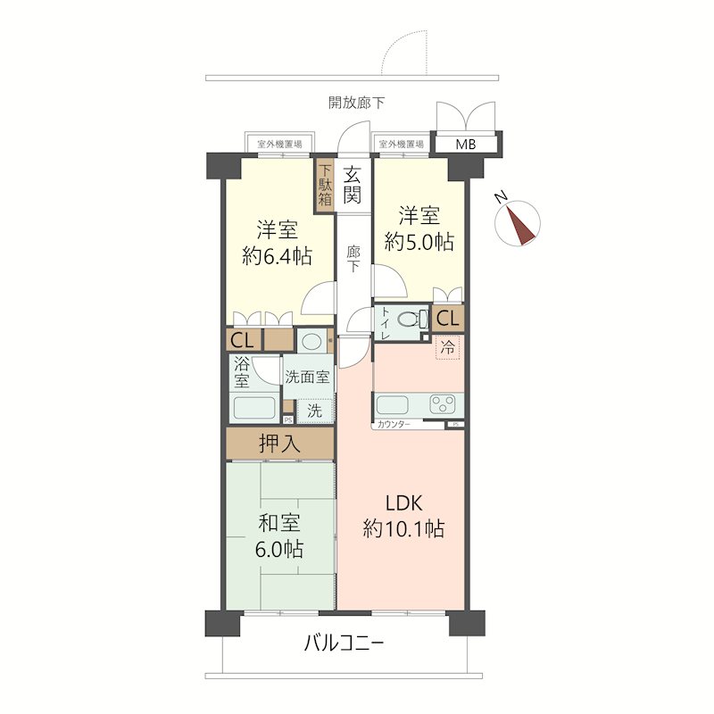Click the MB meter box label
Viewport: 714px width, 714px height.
pyautogui.click(x=465, y=145)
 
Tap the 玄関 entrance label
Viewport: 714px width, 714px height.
pyautogui.click(x=353, y=186)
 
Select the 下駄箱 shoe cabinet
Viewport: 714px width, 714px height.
pyautogui.click(x=325, y=186)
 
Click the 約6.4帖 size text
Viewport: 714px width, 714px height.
pyautogui.click(x=277, y=256)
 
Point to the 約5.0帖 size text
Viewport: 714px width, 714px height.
pyautogui.click(x=419, y=242)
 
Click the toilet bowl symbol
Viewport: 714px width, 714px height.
pyautogui.click(x=413, y=319)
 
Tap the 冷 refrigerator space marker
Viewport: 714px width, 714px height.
pyautogui.click(x=448, y=348)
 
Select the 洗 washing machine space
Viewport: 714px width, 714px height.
pyautogui.click(x=314, y=411)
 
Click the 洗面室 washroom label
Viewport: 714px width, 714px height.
pyautogui.click(x=307, y=377)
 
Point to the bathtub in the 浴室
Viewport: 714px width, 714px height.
pyautogui.click(x=254, y=408)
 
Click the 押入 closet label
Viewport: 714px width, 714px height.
pyautogui.click(x=279, y=443)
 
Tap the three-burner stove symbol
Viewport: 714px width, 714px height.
pyautogui.click(x=443, y=404)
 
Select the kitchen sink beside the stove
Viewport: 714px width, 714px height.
pyautogui.click(x=392, y=404)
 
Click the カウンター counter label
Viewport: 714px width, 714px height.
pyautogui.click(x=394, y=425)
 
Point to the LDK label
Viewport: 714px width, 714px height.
pyautogui.click(x=403, y=503)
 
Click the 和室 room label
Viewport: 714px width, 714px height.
pyautogui.click(x=279, y=523)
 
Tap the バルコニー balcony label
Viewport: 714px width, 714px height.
pyautogui.click(x=344, y=643)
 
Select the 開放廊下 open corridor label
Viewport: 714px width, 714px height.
pyautogui.click(x=356, y=103)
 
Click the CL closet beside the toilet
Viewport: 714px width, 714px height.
pyautogui.click(x=448, y=319)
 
